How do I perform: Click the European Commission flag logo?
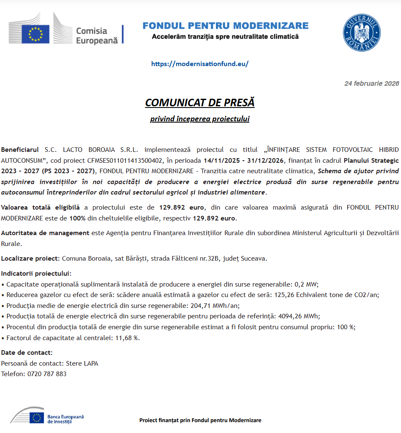36,34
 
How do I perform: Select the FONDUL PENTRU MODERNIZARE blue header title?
226,26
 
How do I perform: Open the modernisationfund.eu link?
200,64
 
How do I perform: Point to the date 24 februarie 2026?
371,84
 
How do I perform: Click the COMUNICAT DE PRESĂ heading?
200,102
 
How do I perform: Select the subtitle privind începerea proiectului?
200,119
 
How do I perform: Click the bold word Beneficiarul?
20,149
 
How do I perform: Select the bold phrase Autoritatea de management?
45,233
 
